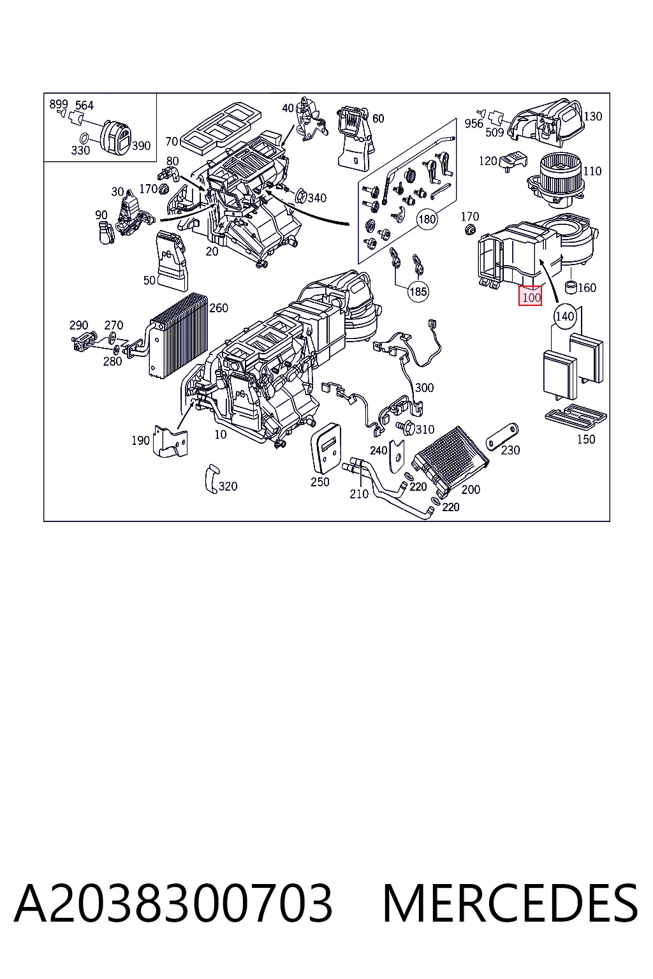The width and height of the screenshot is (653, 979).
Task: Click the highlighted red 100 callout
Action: [x=530, y=296]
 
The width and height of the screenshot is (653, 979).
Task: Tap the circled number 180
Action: [x=427, y=219]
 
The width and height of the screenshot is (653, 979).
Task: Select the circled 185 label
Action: [x=418, y=291]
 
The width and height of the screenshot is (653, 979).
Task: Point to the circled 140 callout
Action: [x=564, y=315]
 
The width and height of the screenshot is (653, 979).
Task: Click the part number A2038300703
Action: [x=173, y=903]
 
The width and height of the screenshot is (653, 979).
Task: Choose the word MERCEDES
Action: [x=510, y=903]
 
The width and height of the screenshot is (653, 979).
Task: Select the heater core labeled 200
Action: [x=450, y=460]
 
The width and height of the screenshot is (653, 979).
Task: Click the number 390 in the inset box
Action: [x=141, y=145]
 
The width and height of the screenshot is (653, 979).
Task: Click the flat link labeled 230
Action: [x=502, y=436]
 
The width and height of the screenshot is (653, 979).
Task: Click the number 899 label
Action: [x=59, y=104]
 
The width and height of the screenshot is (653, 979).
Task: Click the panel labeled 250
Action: [x=326, y=449]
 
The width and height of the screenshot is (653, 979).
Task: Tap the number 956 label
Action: [x=474, y=124]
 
